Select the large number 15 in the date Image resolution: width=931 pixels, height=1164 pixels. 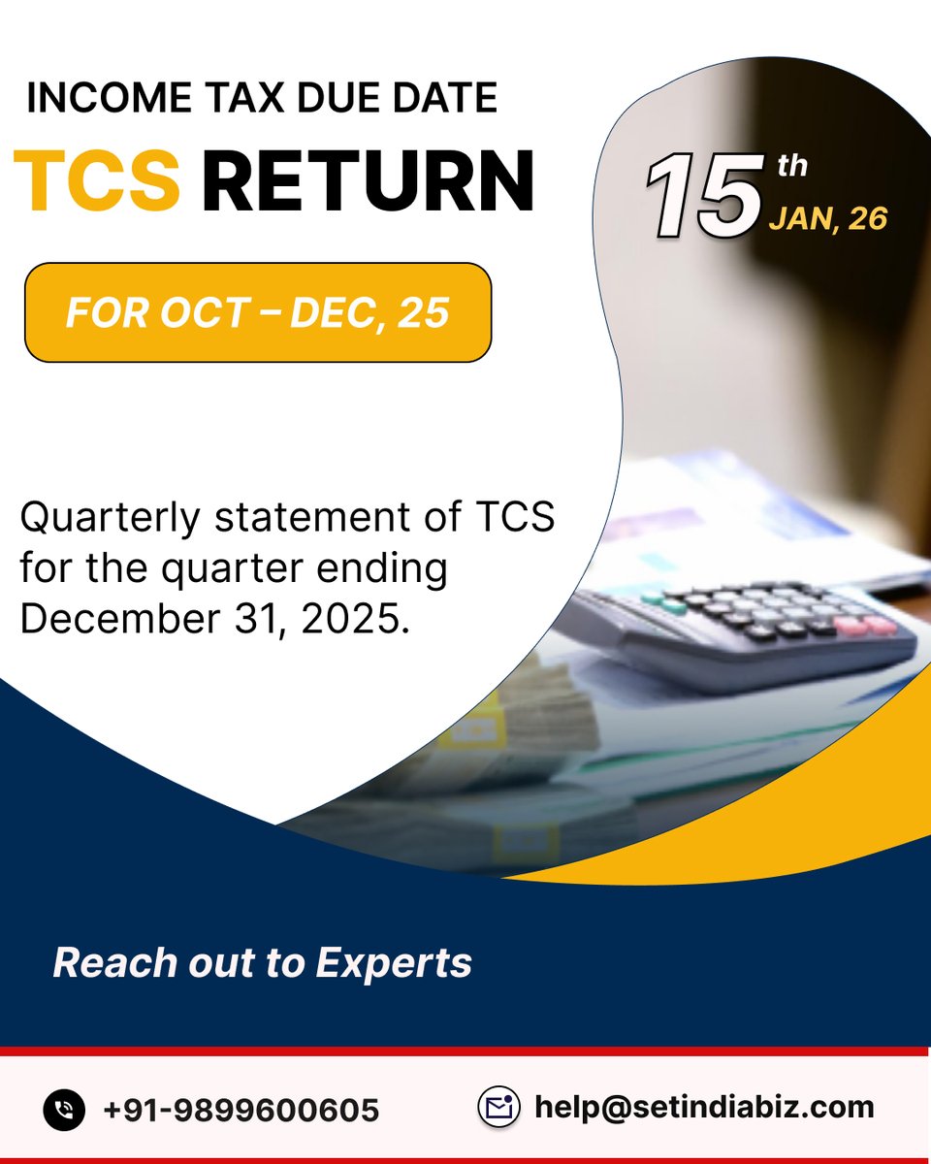coord(704,196)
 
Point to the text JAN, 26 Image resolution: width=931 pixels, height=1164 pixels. coord(827,218)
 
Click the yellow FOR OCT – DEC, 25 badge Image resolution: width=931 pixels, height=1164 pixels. coord(258,312)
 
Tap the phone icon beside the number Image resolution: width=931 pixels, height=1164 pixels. coord(65,1109)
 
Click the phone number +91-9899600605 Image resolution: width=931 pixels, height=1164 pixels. coord(241,1109)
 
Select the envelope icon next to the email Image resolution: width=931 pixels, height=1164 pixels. coord(499,1107)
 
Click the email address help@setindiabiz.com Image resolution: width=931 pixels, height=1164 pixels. coord(704,1107)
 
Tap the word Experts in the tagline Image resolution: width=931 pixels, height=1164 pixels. coord(394,962)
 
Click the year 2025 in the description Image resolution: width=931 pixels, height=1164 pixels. coord(351,619)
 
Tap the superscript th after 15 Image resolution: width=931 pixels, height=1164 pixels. coord(792,166)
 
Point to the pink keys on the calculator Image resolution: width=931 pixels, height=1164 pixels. coord(866,625)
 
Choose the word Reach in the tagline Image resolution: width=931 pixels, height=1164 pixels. coord(102,962)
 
